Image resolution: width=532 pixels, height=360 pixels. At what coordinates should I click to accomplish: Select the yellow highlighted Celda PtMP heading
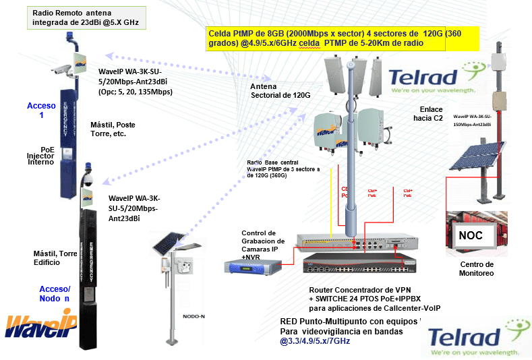point(342,38)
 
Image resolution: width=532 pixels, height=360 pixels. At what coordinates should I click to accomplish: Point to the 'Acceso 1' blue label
point(38,111)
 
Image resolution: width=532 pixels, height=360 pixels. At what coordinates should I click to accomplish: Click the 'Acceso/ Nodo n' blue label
point(55,293)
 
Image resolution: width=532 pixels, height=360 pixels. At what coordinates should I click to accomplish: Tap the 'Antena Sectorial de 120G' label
point(280,91)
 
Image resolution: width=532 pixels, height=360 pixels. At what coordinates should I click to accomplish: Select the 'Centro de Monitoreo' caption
point(477,268)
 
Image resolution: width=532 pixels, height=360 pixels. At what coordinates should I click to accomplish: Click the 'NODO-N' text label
point(194,314)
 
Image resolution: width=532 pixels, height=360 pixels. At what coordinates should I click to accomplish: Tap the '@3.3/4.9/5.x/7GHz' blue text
point(315,341)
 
